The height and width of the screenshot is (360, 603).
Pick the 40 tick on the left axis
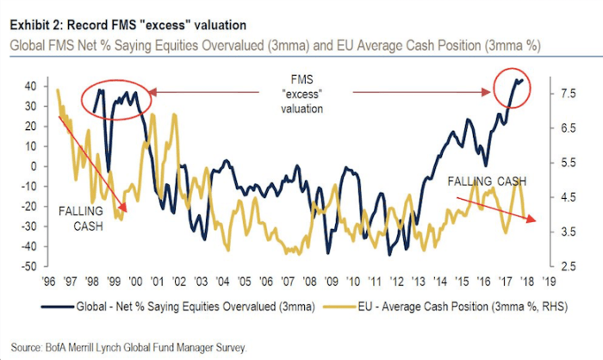pyautogui.click(x=30, y=86)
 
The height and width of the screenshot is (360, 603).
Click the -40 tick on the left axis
pyautogui.click(x=28, y=246)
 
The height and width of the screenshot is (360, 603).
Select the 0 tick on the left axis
pyautogui.click(x=33, y=166)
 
